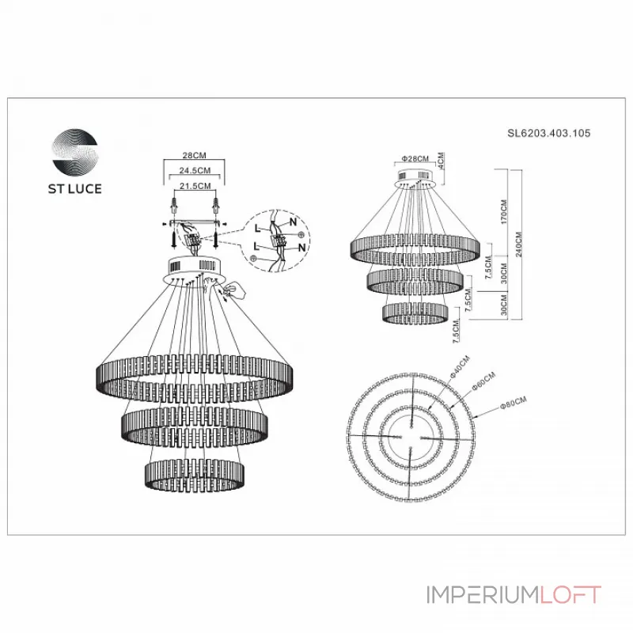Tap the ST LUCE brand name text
pos(76,189)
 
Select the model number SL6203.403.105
pos(548,135)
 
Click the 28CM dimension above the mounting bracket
pos(193,157)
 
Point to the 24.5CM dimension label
pos(193,171)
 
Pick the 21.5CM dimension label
pos(193,186)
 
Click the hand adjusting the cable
pos(236,292)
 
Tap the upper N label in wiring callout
pos(293,222)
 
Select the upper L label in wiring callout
pos(257,228)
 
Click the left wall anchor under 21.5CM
pos(173,209)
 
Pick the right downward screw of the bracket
pos(214,237)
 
